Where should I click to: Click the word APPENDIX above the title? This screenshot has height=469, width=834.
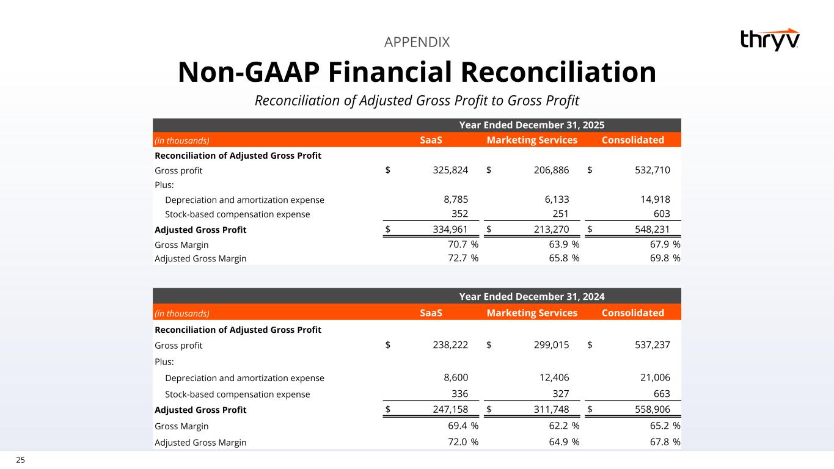click(x=417, y=42)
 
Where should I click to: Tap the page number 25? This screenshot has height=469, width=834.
click(x=20, y=460)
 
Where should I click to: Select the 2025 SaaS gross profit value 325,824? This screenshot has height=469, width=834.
click(x=446, y=170)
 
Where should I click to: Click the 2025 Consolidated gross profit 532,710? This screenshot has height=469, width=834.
click(x=648, y=170)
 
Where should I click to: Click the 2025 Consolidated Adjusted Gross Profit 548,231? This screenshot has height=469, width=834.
click(x=648, y=230)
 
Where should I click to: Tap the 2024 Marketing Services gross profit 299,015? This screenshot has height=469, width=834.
click(x=547, y=345)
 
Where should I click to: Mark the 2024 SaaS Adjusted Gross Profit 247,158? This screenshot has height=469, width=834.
click(x=446, y=410)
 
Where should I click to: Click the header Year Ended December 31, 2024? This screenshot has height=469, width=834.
click(x=532, y=297)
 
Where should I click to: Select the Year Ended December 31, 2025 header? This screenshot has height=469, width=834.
click(x=532, y=125)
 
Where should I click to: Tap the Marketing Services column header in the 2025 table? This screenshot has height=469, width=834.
click(x=532, y=140)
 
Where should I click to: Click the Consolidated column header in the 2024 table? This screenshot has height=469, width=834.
click(x=632, y=313)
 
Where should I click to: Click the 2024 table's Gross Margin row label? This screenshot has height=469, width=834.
click(x=181, y=426)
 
